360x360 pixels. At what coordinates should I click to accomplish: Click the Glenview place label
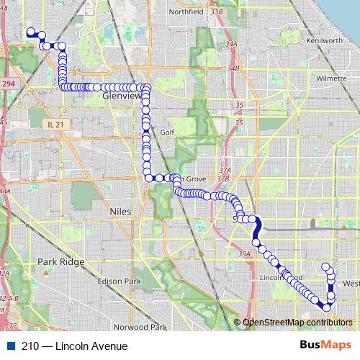[x=120, y=94]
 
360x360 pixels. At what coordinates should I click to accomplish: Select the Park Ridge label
[x=61, y=262]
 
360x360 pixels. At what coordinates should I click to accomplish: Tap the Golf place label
[x=167, y=132]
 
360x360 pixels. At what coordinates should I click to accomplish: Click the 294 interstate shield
[x=8, y=84]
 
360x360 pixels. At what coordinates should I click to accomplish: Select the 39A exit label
[x=246, y=253]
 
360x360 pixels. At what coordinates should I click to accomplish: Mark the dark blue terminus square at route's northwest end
[x=30, y=32]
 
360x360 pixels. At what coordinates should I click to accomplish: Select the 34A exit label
[x=231, y=45]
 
